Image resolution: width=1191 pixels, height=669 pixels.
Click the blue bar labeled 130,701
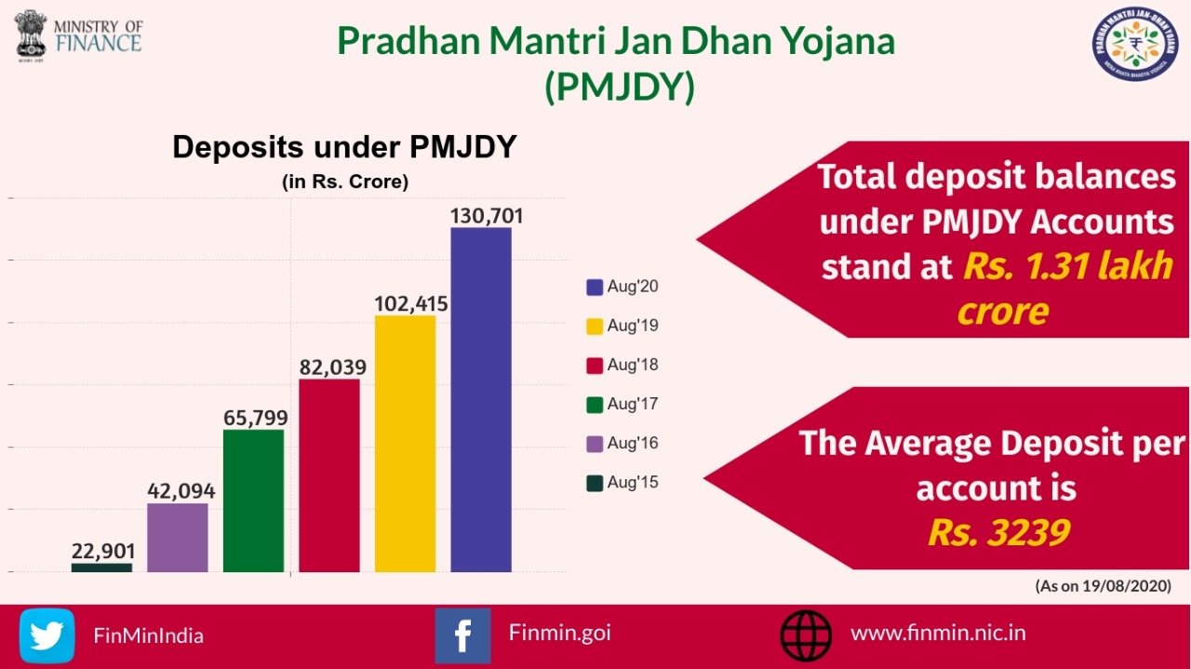point(481,400)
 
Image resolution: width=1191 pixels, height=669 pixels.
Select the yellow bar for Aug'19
point(405,444)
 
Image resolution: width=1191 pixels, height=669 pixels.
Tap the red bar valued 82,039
point(328,475)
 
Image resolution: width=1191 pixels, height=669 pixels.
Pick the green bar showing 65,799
point(253,501)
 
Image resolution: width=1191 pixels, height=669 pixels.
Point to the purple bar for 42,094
point(177,538)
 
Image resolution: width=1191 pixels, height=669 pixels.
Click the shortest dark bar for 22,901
point(101,567)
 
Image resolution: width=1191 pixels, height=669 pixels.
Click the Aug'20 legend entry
point(622,287)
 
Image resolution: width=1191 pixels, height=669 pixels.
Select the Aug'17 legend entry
point(622,404)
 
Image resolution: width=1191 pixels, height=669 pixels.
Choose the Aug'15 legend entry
point(622,482)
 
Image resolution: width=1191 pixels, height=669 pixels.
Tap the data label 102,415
point(411,303)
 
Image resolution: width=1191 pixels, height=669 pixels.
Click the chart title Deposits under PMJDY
point(344,148)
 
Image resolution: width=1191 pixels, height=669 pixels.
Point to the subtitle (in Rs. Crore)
point(344,182)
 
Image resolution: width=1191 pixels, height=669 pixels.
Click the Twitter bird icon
point(47,636)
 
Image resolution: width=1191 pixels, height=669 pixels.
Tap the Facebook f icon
point(462,636)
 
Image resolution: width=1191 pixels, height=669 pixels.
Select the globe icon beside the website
point(806,636)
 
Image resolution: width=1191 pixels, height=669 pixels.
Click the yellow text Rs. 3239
point(997,532)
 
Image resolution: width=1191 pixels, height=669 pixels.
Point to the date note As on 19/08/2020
point(1103,586)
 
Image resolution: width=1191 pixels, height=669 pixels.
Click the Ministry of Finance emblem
point(31,33)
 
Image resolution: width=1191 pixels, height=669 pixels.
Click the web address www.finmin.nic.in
point(938,633)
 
